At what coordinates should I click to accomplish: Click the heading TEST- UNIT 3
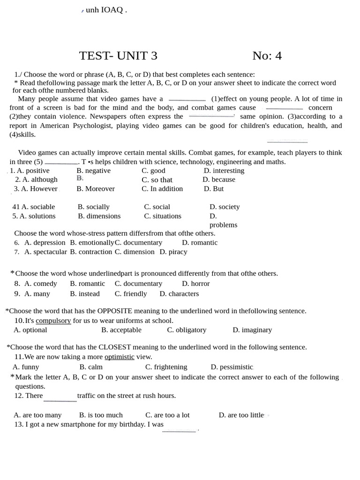[118, 56]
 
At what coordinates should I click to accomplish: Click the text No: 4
[267, 56]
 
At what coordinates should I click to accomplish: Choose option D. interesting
[224, 171]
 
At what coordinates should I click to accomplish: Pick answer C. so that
[157, 180]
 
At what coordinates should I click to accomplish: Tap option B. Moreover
[96, 188]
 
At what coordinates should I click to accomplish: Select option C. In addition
[162, 188]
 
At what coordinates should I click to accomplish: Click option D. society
[225, 207]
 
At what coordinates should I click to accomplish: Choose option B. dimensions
[99, 216]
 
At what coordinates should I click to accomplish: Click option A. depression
[45, 242]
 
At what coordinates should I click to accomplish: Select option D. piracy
[173, 252]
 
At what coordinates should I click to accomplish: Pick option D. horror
[195, 284]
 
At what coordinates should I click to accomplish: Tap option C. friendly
[131, 293]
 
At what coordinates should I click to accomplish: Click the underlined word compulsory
[53, 321]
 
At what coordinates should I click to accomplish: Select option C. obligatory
[187, 330]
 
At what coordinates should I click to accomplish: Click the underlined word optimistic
[119, 357]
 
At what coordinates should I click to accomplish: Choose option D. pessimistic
[232, 367]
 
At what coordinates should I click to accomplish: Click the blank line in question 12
[60, 400]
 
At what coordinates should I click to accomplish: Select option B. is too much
[101, 415]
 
